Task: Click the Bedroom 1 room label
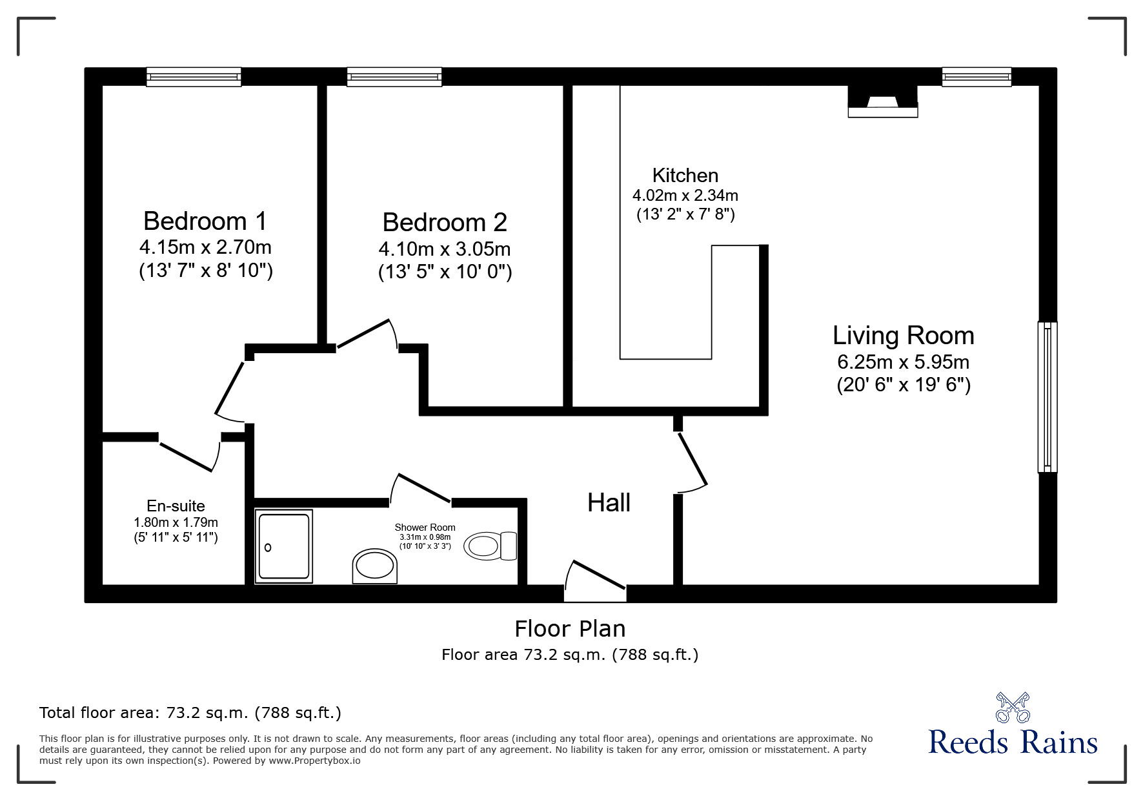click(x=205, y=221)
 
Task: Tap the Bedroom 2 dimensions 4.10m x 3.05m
click(x=445, y=249)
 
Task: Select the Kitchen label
click(x=685, y=175)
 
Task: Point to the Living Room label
click(x=903, y=335)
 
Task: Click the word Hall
click(x=609, y=502)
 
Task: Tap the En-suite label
click(x=176, y=506)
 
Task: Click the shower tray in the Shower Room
click(x=284, y=546)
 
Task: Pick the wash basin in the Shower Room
click(x=374, y=566)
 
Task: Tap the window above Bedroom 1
click(x=194, y=77)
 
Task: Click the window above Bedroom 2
click(x=394, y=77)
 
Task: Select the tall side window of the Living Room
click(x=1047, y=396)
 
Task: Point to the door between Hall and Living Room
click(x=692, y=461)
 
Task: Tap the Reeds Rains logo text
click(x=1013, y=742)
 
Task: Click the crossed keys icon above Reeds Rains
click(x=1012, y=707)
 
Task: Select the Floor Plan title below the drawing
click(x=570, y=628)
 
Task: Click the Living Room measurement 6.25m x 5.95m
click(x=904, y=362)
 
